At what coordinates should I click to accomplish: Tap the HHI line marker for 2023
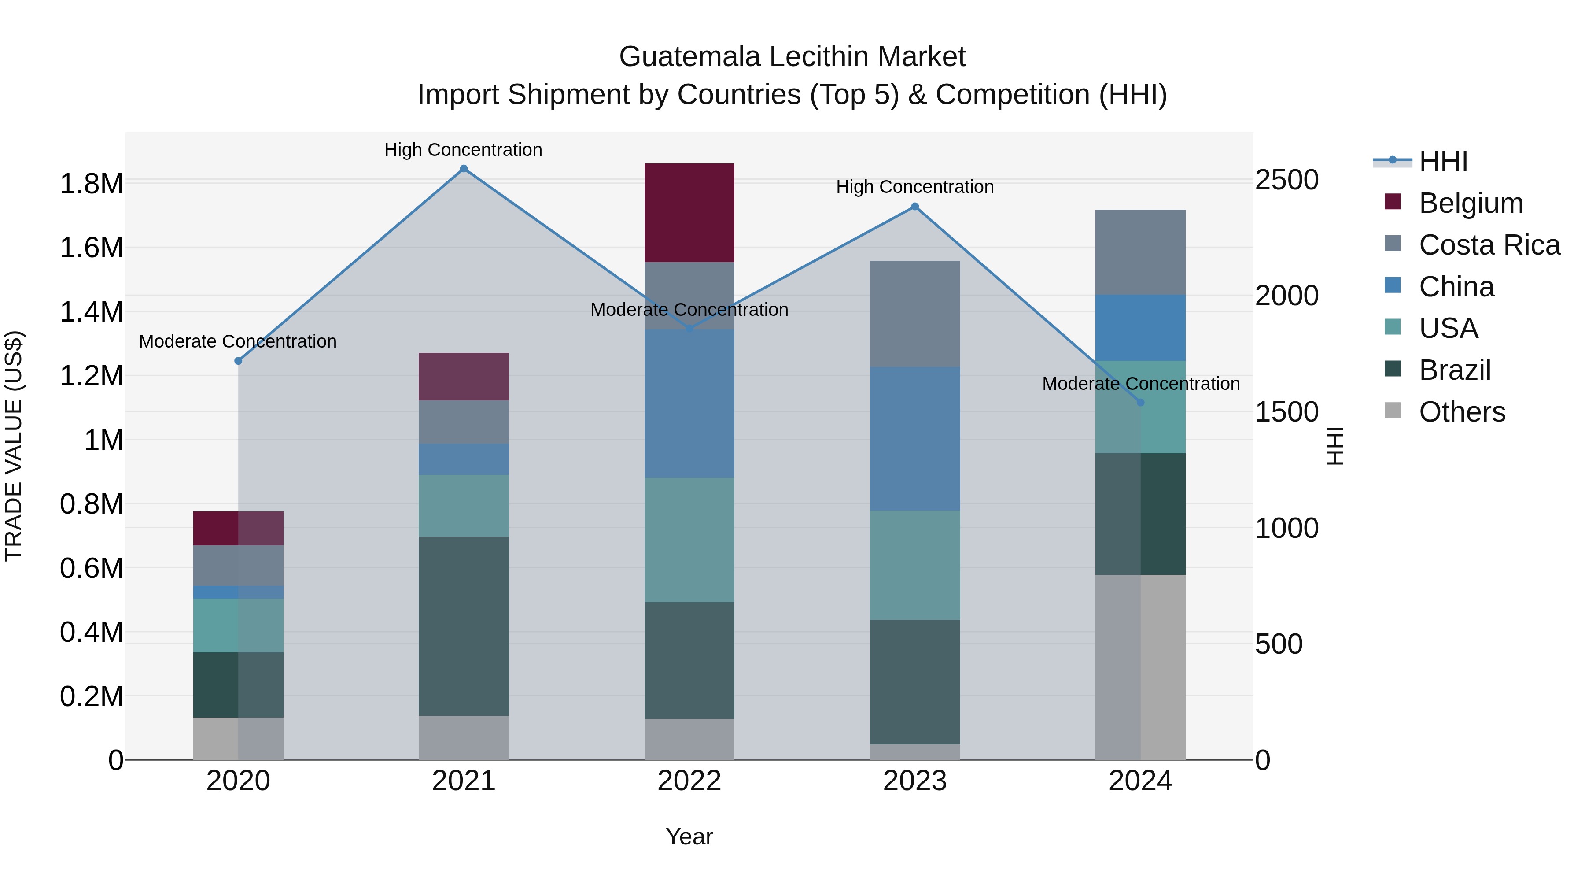[x=915, y=207]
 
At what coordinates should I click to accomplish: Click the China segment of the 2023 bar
[x=915, y=438]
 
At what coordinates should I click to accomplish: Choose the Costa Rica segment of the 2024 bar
[x=1140, y=252]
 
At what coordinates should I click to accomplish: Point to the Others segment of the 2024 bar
[x=1140, y=667]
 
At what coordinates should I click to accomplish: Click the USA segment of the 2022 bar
[x=689, y=540]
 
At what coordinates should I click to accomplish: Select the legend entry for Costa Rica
[x=1489, y=245]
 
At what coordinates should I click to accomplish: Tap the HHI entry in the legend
[x=1443, y=161]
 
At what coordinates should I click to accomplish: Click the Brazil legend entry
[x=1455, y=370]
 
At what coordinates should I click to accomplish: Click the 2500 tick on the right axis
[x=1286, y=180]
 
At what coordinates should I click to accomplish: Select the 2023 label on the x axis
[x=915, y=781]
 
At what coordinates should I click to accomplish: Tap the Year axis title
[x=689, y=836]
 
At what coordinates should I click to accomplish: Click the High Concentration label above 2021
[x=463, y=150]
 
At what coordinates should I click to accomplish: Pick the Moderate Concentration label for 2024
[x=1140, y=384]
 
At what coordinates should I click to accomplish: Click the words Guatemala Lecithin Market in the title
[x=792, y=57]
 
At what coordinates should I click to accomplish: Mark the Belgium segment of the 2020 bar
[x=238, y=528]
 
